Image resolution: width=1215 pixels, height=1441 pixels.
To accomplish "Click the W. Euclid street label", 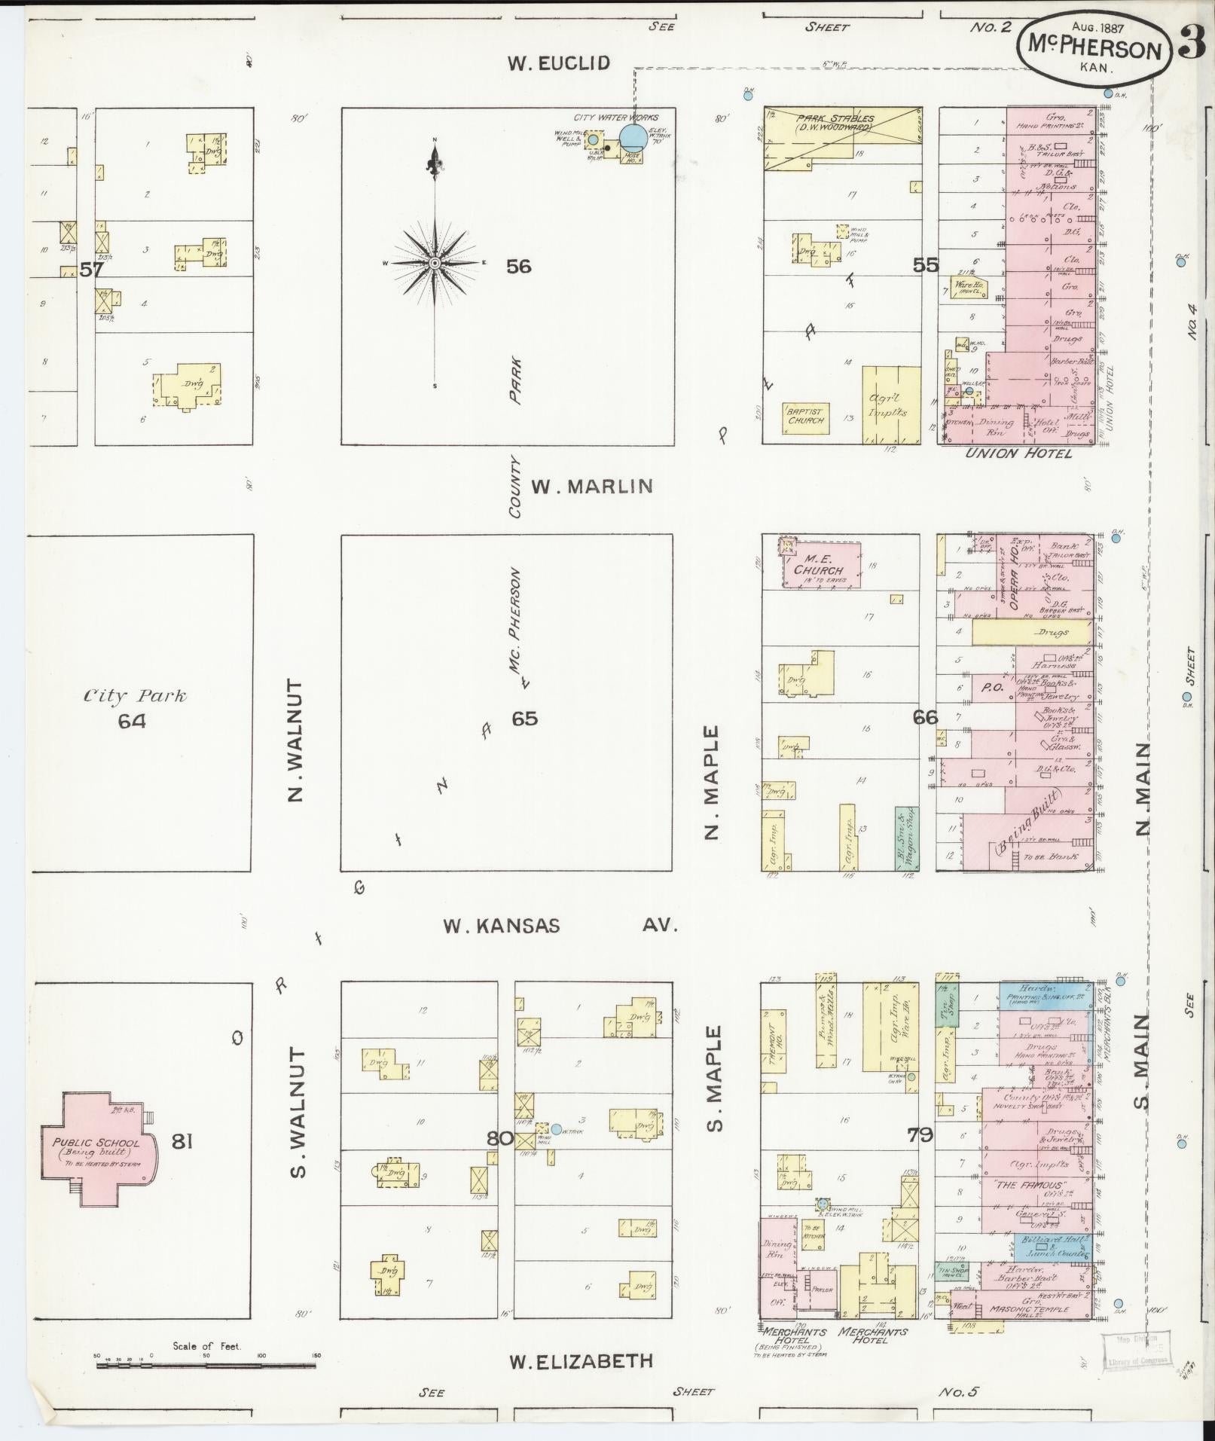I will click(x=557, y=63).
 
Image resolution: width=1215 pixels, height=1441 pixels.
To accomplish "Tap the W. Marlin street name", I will click(x=591, y=487).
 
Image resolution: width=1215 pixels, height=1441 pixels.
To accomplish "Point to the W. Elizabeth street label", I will click(x=580, y=1361).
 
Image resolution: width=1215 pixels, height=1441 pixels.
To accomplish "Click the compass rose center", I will click(x=435, y=263).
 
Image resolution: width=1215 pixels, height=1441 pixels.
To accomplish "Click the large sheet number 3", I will click(x=1192, y=44).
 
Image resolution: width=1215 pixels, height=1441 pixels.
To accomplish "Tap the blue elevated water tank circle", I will click(x=633, y=137).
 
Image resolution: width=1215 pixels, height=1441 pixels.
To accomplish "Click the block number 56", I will click(x=518, y=266).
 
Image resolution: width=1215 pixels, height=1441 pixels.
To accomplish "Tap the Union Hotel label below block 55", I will click(x=1019, y=453).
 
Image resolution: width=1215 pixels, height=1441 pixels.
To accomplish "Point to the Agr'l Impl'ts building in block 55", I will click(x=891, y=405).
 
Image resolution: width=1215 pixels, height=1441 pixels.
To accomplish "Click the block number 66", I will click(x=925, y=717).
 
